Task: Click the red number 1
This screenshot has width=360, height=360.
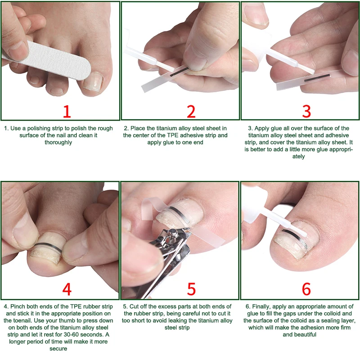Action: pyautogui.click(x=67, y=112)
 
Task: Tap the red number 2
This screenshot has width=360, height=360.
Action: pyautogui.click(x=191, y=112)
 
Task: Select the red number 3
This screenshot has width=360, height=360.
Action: pyautogui.click(x=306, y=112)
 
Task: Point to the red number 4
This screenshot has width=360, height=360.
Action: pyautogui.click(x=67, y=289)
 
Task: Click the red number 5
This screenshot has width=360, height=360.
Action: pyautogui.click(x=191, y=289)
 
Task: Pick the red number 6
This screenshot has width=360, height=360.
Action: pyautogui.click(x=306, y=289)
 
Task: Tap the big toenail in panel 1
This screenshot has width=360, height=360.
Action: pyautogui.click(x=93, y=82)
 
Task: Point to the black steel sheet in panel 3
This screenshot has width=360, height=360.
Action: pyautogui.click(x=317, y=77)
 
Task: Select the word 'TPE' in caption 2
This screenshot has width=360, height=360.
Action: pyautogui.click(x=173, y=135)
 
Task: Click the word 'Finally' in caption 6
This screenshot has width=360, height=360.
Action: pyautogui.click(x=261, y=307)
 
